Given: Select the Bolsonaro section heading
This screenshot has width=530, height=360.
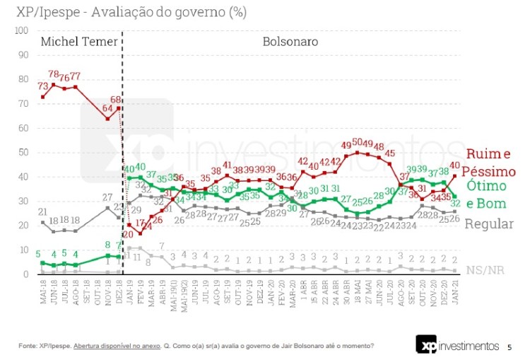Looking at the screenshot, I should (290, 41).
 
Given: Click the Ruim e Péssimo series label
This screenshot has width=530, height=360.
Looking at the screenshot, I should (490, 163).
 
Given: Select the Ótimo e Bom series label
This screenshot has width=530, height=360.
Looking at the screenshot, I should (487, 194).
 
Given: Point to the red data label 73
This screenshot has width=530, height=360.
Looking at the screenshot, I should (42, 86).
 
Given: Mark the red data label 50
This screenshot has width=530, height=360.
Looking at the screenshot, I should (358, 143).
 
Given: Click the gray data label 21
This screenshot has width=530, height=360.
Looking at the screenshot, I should (42, 211).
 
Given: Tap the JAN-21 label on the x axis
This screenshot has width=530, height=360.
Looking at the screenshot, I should (456, 292).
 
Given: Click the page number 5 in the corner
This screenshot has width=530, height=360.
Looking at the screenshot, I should (509, 347).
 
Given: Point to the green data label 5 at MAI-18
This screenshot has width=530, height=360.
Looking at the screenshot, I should (40, 253).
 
